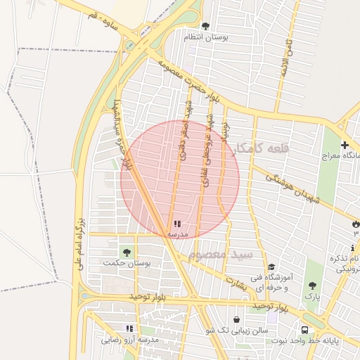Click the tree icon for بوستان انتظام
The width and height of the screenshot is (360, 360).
205,26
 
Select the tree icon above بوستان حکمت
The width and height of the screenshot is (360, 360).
127,252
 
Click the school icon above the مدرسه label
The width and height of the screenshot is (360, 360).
176,224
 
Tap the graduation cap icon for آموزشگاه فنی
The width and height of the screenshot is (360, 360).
271,267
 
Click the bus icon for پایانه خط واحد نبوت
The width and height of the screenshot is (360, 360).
304,329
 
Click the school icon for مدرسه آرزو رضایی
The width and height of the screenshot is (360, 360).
129,328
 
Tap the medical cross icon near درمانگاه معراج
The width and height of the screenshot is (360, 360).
344,145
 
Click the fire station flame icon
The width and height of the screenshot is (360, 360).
355,224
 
